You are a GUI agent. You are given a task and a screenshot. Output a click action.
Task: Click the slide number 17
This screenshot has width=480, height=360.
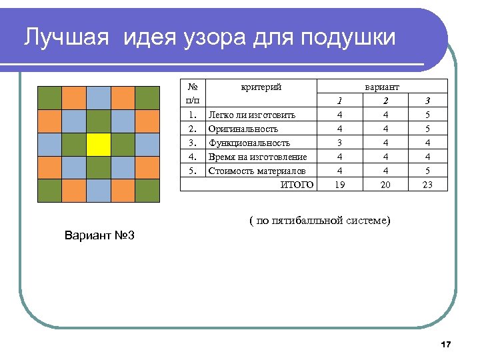446,344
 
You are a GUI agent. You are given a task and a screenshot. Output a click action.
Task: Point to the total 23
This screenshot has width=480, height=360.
428,185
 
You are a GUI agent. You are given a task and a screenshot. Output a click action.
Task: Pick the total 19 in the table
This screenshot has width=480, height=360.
339,185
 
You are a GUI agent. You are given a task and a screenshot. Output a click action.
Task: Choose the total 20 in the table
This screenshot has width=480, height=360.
385,185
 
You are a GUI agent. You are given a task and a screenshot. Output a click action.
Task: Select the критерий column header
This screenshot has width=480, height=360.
261,87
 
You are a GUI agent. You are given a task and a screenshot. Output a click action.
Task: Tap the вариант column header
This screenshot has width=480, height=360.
382,87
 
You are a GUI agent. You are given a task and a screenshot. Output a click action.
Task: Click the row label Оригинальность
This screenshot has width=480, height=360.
243,129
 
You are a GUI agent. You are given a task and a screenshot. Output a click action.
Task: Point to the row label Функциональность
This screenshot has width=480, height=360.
249,143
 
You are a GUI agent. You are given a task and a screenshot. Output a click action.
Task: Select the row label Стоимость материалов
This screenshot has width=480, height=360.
257,171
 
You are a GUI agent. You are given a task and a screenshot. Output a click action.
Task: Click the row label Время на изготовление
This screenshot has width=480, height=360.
257,157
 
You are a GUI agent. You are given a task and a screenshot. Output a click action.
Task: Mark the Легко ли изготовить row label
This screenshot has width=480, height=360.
252,115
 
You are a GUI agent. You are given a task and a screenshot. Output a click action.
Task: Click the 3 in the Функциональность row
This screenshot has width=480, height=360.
339,143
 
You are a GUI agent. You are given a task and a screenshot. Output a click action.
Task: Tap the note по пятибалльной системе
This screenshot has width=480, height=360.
321,221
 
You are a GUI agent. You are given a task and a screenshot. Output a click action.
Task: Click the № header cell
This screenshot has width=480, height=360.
193,87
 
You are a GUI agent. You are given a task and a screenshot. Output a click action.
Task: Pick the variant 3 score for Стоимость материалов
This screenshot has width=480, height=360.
428,171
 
